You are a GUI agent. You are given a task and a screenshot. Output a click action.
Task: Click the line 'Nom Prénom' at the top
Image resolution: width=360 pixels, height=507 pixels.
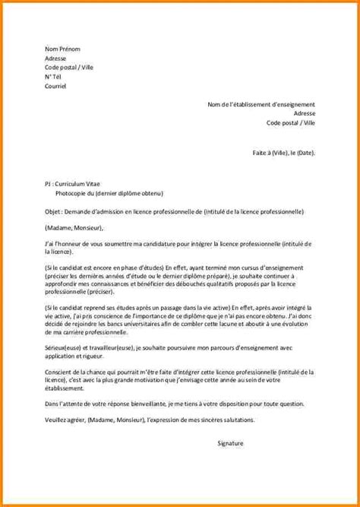point(63,48)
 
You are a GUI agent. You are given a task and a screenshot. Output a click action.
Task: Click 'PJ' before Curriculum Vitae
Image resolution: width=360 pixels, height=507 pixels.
point(48,184)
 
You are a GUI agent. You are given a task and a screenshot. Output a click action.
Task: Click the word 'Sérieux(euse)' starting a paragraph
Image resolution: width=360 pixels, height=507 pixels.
point(62,347)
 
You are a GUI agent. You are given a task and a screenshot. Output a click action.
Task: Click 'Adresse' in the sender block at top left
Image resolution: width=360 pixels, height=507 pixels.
point(55,58)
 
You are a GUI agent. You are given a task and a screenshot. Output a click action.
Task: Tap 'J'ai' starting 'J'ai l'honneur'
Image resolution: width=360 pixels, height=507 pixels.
point(49,242)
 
